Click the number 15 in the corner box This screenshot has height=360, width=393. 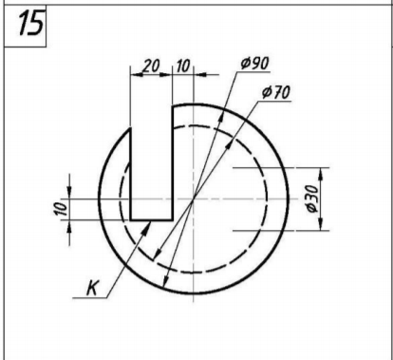pyautogui.click(x=30, y=23)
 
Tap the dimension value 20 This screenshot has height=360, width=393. pyautogui.click(x=151, y=66)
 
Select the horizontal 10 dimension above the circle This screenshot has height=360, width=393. pyautogui.click(x=183, y=66)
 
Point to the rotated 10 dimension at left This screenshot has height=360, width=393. pyautogui.click(x=62, y=209)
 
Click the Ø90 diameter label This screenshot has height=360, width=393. pyautogui.click(x=254, y=64)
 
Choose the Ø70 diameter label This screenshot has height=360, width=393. pyautogui.click(x=275, y=92)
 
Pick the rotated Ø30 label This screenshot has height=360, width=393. pyautogui.click(x=312, y=199)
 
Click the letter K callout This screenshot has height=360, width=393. pyautogui.click(x=92, y=289)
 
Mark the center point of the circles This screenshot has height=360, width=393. pyautogui.click(x=193, y=199)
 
